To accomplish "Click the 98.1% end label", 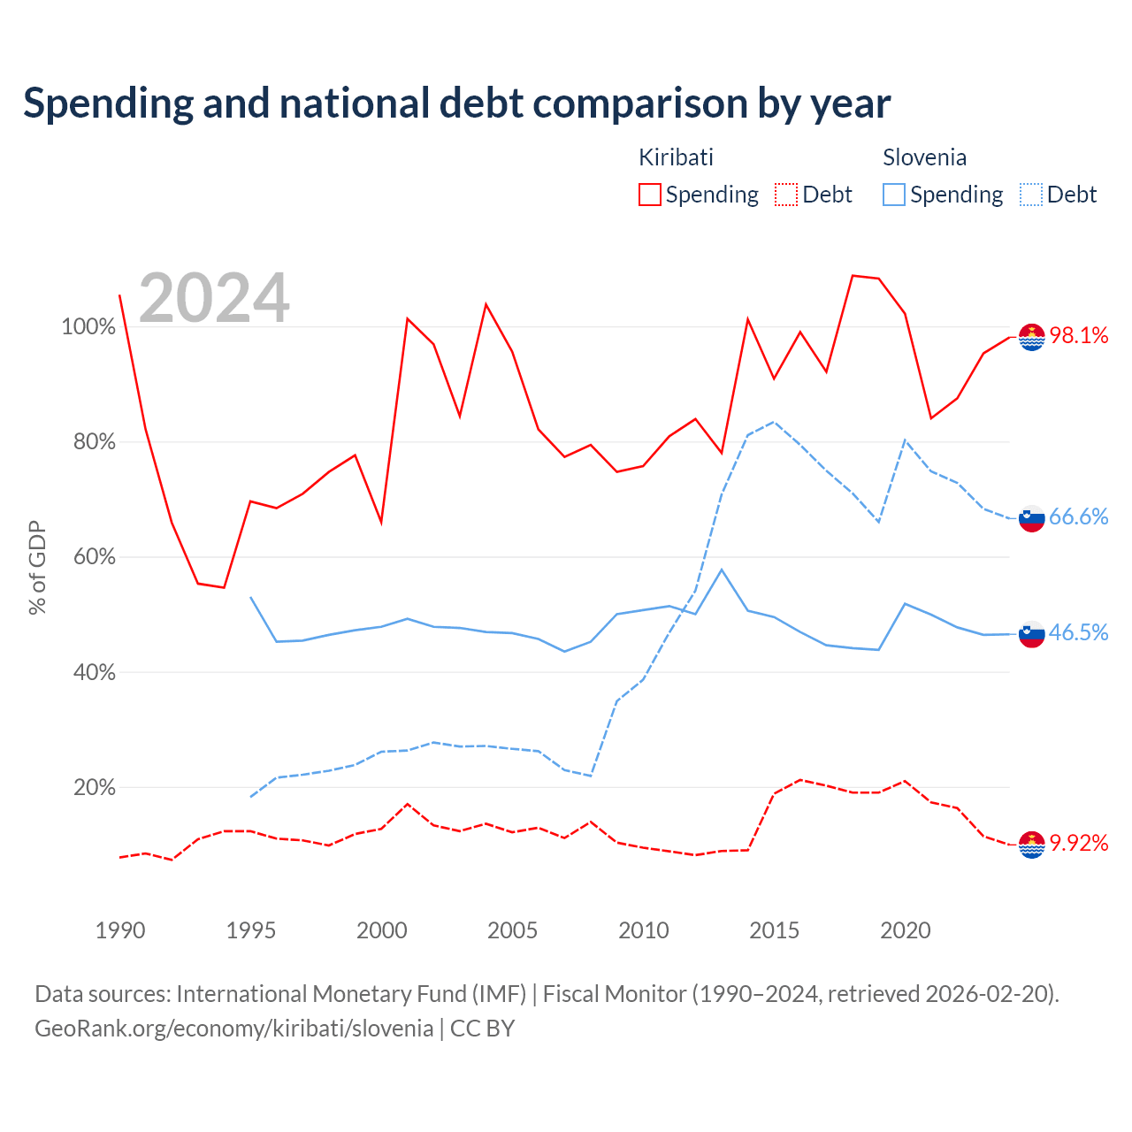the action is coord(1078,335).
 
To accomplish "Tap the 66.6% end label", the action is coord(1078,516).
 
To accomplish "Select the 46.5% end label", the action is coord(1078,632).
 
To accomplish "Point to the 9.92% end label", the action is coord(1078,843).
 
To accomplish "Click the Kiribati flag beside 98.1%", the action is coord(1031,337).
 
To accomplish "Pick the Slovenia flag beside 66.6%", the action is coord(1031,518).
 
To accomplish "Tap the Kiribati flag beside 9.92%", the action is coord(1031,845).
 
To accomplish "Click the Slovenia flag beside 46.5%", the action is coord(1031,634).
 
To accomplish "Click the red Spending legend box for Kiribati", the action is coord(650,195).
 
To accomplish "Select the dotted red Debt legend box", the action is coord(786,195).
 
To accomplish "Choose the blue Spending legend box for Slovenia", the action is coord(893,195).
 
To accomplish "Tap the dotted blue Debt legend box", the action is coord(1030,195).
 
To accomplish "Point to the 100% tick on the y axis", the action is coord(88,326).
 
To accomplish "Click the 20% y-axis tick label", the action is coord(94,787).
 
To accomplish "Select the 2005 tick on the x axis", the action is coord(512,930).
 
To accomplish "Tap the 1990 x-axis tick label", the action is coord(120,930).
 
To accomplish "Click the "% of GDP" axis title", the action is coord(37,568).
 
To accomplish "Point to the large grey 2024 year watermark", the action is coord(214,298).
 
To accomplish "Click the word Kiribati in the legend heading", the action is coord(676,157).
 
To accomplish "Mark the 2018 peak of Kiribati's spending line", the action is coord(853,276).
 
